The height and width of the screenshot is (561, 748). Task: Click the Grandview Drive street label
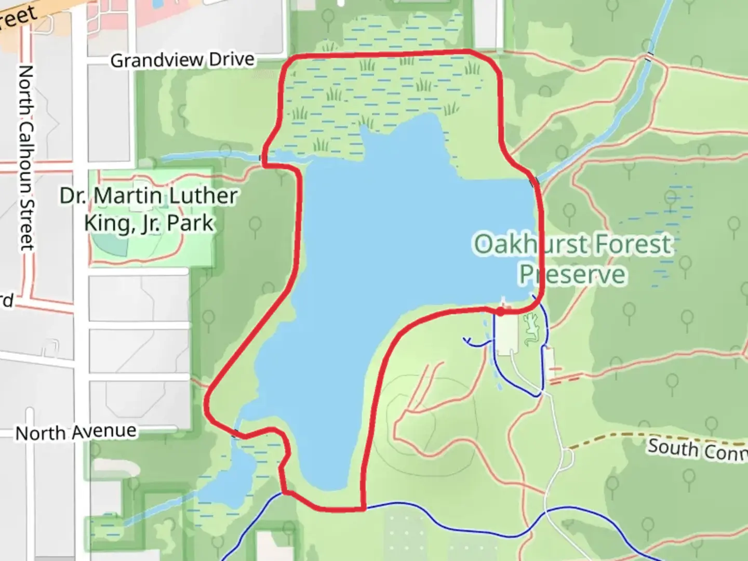click(x=182, y=60)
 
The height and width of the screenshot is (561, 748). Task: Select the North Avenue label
click(x=76, y=432)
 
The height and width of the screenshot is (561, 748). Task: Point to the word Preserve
click(x=572, y=274)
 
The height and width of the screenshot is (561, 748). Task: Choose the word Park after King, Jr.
click(x=194, y=223)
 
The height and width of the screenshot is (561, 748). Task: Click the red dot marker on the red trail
click(x=500, y=312)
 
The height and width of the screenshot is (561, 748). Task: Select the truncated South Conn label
click(x=696, y=449)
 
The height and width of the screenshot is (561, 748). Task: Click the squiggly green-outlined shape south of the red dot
click(x=531, y=330)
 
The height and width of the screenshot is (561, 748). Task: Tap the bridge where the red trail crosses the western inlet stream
click(x=263, y=157)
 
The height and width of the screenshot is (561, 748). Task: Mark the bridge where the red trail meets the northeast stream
click(x=534, y=182)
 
